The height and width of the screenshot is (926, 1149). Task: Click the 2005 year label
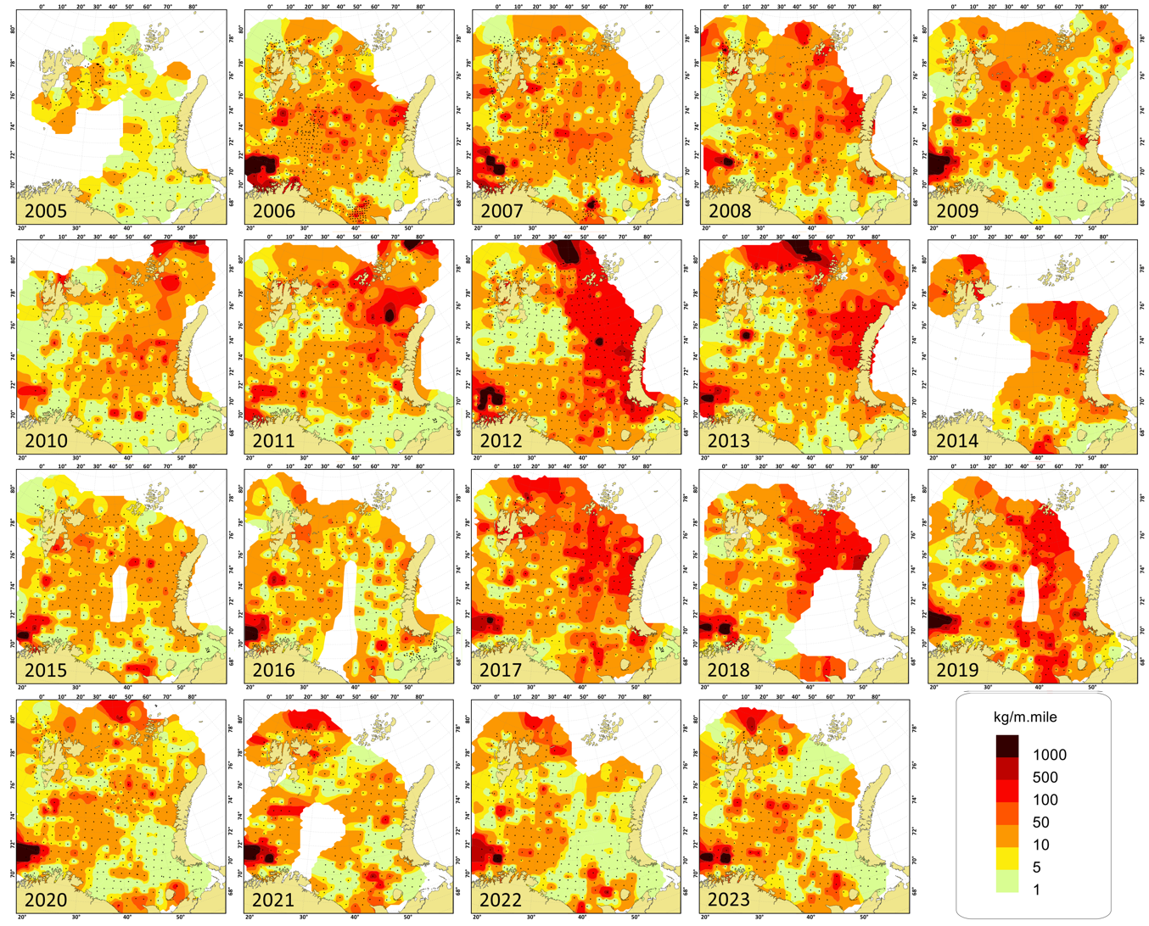(46, 210)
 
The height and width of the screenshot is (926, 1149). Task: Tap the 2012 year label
(502, 440)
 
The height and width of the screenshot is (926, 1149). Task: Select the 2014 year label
(957, 440)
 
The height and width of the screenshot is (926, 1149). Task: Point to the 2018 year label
(729, 670)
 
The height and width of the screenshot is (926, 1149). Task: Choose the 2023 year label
(729, 900)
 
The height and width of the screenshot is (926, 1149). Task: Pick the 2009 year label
(957, 210)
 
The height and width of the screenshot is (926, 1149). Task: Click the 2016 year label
(273, 670)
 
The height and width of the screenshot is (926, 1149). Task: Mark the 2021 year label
(273, 900)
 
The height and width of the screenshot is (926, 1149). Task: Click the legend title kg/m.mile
(1025, 717)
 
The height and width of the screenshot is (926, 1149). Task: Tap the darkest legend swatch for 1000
(1007, 746)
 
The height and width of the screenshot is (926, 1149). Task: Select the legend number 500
(1045, 778)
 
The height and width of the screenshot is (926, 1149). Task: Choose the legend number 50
(1040, 823)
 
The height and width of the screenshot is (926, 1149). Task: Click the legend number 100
(1045, 800)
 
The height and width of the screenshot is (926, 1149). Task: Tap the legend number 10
(1040, 845)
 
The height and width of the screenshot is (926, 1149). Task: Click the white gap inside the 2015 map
(119, 594)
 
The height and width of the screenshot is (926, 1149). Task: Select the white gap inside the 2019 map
(1032, 594)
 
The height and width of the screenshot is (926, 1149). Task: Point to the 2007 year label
(502, 210)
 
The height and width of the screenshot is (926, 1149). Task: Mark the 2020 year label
(46, 900)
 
